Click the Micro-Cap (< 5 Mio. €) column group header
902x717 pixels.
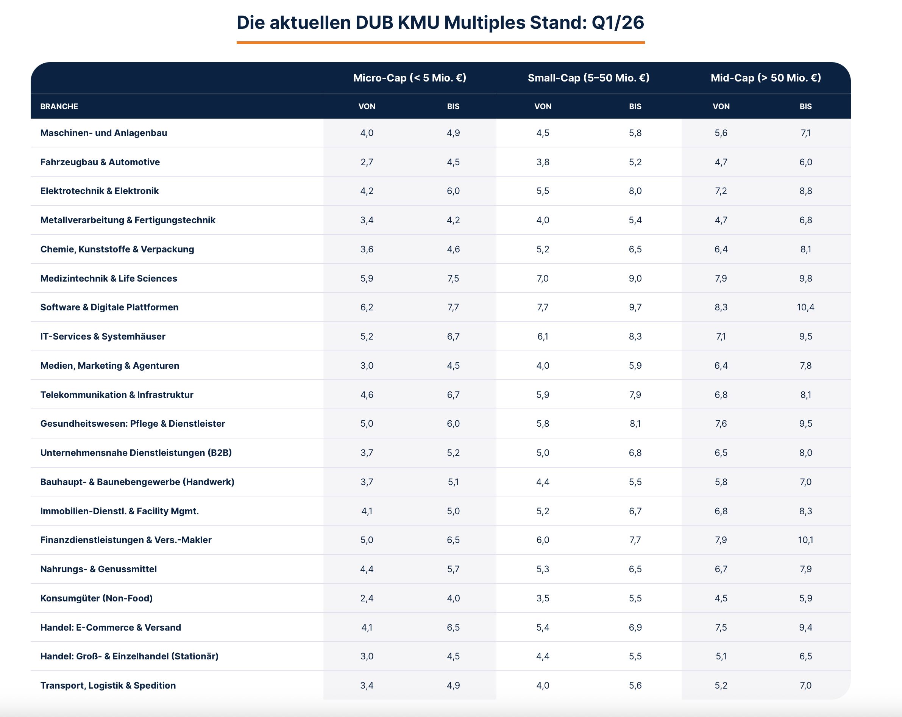(409, 78)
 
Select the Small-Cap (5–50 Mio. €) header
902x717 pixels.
(588, 78)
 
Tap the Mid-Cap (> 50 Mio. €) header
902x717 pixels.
(765, 78)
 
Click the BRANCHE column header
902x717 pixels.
(59, 106)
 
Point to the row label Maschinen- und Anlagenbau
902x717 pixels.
(103, 133)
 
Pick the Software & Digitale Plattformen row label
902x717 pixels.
(109, 307)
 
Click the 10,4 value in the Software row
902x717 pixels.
(805, 307)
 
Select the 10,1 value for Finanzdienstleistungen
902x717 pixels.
(805, 540)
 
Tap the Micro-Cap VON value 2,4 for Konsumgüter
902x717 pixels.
(367, 598)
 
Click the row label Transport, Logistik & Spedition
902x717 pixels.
(108, 685)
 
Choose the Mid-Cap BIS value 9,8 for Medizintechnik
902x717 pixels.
(805, 278)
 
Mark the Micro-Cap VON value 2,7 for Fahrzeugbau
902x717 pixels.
(367, 162)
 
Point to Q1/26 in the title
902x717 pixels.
(618, 23)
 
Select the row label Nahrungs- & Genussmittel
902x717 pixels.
(98, 569)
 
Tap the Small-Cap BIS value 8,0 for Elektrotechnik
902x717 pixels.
(635, 191)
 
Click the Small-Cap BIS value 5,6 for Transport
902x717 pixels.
(635, 685)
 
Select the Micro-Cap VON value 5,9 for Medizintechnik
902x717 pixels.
(367, 278)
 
